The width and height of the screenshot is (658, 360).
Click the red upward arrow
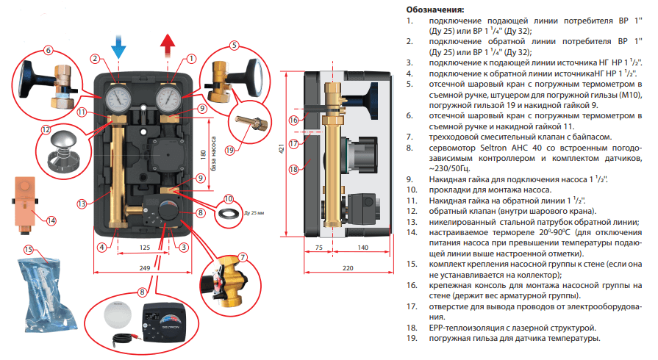click(x=168, y=48)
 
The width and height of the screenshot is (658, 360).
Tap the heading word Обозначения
click(x=435, y=10)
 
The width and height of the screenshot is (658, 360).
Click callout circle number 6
click(x=49, y=51)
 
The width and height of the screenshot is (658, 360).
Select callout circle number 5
click(x=234, y=45)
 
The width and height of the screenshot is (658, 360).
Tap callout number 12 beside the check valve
click(x=46, y=130)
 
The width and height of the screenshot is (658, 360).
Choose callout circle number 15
click(x=28, y=249)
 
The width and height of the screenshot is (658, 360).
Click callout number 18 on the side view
click(x=294, y=169)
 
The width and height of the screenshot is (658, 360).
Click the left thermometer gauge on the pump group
click(x=117, y=97)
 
